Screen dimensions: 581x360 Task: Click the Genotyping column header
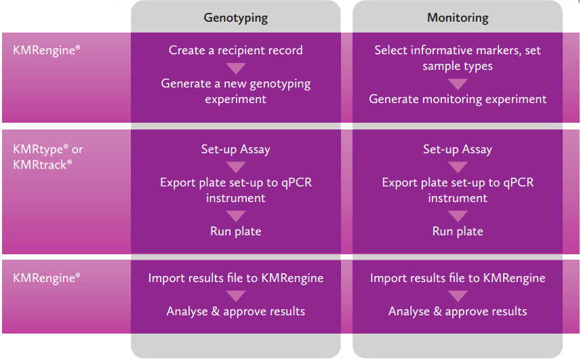[236, 18]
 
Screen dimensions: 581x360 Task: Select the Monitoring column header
[458, 18]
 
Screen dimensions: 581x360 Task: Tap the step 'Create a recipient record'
[236, 50]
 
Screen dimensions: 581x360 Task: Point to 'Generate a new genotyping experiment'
[236, 91]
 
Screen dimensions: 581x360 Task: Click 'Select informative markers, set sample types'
[458, 58]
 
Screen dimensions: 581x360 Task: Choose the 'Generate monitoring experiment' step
[458, 99]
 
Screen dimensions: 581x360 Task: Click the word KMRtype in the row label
[38, 149]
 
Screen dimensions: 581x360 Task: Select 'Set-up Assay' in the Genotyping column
[236, 149]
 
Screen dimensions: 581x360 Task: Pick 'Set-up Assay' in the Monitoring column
[458, 149]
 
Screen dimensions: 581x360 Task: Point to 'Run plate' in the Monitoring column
[458, 231]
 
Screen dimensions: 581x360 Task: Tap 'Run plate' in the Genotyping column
[236, 231]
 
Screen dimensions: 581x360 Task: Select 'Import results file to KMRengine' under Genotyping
[236, 278]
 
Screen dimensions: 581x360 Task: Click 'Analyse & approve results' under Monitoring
[458, 311]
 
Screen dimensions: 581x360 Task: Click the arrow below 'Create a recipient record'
[236, 68]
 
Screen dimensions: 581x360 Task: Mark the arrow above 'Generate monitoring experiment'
[458, 83]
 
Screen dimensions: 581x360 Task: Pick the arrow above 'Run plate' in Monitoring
[458, 216]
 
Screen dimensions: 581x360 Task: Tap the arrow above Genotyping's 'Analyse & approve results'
[236, 296]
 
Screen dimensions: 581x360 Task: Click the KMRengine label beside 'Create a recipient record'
[47, 50]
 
